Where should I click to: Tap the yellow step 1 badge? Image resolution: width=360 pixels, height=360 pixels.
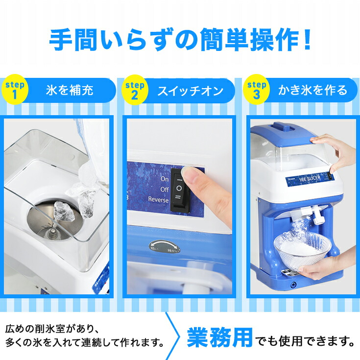coord(15,90)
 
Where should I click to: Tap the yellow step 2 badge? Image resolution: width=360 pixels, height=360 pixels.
coord(135,90)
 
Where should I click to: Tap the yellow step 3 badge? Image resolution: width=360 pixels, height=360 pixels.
coord(256,90)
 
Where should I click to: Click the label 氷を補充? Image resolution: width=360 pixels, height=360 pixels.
coord(70,90)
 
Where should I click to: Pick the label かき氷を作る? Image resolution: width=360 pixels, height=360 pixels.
coord(312,90)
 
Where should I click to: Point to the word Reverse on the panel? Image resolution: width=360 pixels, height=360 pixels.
coord(158,199)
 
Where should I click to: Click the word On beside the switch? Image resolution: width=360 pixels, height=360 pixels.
coord(165,179)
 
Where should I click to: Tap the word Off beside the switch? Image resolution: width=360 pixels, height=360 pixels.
coord(164,189)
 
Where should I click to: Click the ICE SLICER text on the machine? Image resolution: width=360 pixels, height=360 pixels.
coord(313,180)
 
